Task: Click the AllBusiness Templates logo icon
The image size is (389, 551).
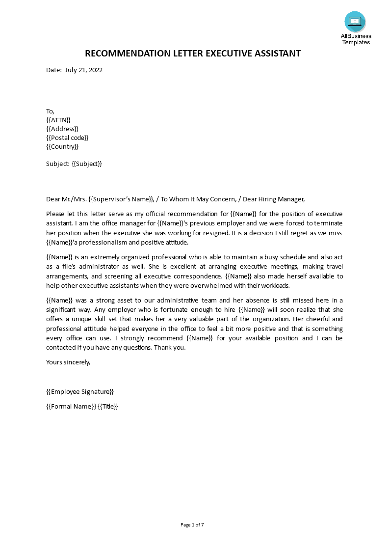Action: (x=355, y=22)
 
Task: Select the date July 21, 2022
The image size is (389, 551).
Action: (x=83, y=70)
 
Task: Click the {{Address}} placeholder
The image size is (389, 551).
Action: (x=62, y=129)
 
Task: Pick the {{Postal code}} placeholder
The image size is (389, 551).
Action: (x=67, y=138)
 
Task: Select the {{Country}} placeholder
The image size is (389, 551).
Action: (x=62, y=146)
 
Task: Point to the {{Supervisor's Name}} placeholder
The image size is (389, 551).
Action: (x=121, y=199)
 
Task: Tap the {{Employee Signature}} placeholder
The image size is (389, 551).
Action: (x=80, y=391)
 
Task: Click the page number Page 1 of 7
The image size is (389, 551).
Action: (x=192, y=524)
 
